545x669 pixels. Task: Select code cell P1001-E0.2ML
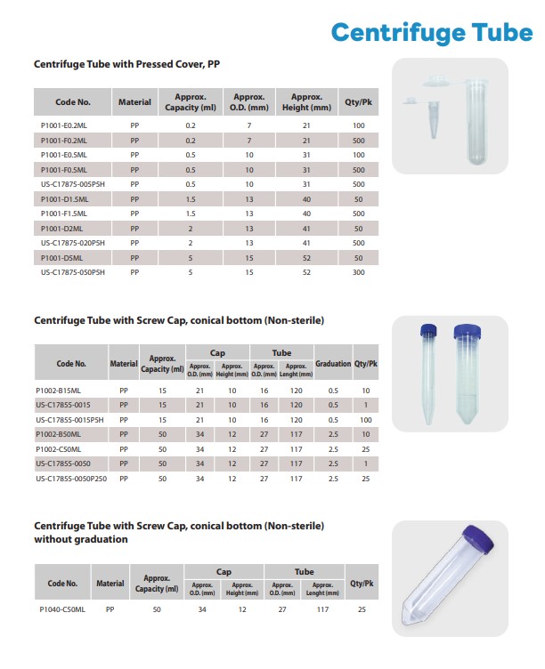pos(64,125)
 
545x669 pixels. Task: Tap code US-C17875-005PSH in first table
pos(73,184)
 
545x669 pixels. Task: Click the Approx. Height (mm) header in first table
pos(306,102)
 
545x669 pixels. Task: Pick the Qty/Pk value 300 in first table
pos(358,272)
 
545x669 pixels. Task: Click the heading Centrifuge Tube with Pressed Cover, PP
pos(126,65)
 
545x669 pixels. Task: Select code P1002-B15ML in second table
pos(58,390)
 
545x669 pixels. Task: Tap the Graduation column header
pos(333,363)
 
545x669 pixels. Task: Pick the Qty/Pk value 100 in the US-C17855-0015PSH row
pos(365,419)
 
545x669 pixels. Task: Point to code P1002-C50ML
pos(58,448)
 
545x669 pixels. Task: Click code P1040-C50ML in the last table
pos(62,609)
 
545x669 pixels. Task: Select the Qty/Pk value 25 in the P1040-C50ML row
pos(362,609)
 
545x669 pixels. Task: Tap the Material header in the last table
pos(110,584)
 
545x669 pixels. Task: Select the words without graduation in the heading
pos(81,539)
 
